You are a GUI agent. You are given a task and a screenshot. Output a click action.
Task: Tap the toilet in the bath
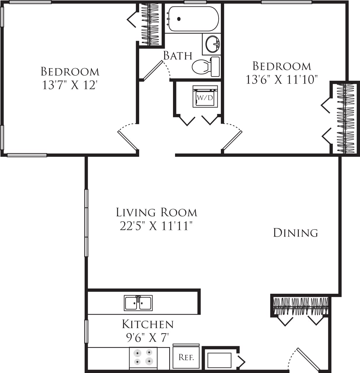(205, 67)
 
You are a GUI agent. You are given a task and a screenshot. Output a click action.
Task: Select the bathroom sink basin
(212, 44)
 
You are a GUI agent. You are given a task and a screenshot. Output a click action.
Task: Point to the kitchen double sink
(138, 303)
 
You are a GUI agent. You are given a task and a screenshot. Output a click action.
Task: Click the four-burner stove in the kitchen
(143, 358)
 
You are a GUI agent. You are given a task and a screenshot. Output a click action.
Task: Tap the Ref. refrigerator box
(186, 357)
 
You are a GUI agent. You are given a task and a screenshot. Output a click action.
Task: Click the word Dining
(295, 233)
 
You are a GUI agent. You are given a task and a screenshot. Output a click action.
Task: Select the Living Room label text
(157, 212)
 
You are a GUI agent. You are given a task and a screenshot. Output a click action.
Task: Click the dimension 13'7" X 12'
(70, 85)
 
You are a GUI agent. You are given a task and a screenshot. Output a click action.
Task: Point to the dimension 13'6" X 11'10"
(281, 79)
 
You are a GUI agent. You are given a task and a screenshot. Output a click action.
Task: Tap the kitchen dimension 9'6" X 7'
(148, 338)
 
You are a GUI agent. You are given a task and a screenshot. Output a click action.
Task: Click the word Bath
(178, 55)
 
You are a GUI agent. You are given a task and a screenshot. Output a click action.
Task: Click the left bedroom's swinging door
(127, 140)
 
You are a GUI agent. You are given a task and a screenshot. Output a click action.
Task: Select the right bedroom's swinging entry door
(232, 140)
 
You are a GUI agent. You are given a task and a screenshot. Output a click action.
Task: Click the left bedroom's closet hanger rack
(150, 25)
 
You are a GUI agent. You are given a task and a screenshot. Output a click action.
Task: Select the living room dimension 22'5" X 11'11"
(157, 226)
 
